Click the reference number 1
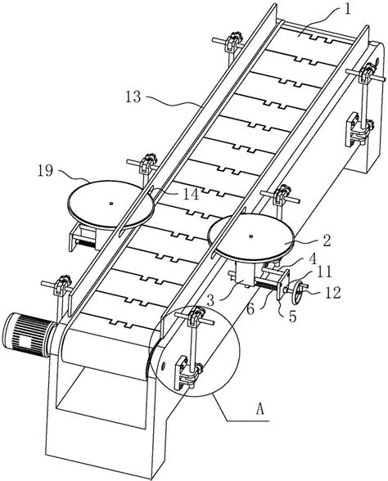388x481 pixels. click(347, 9)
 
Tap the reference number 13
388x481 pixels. click(133, 97)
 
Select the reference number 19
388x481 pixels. click(45, 170)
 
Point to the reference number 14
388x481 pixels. click(191, 195)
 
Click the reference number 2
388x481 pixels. click(327, 240)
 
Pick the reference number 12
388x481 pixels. click(332, 292)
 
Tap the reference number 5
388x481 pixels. click(292, 317)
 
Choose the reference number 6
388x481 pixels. click(250, 309)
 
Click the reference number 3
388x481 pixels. click(210, 301)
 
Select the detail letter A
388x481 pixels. click(260, 409)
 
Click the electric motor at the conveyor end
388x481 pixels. click(28, 335)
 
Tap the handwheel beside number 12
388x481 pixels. click(297, 294)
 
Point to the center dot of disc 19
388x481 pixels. click(111, 203)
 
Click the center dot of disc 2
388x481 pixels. click(251, 236)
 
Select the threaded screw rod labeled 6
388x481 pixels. click(265, 285)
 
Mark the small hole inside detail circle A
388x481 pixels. click(163, 365)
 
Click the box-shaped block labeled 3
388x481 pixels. click(245, 273)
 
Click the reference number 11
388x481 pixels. click(324, 272)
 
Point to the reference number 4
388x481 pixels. click(313, 259)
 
